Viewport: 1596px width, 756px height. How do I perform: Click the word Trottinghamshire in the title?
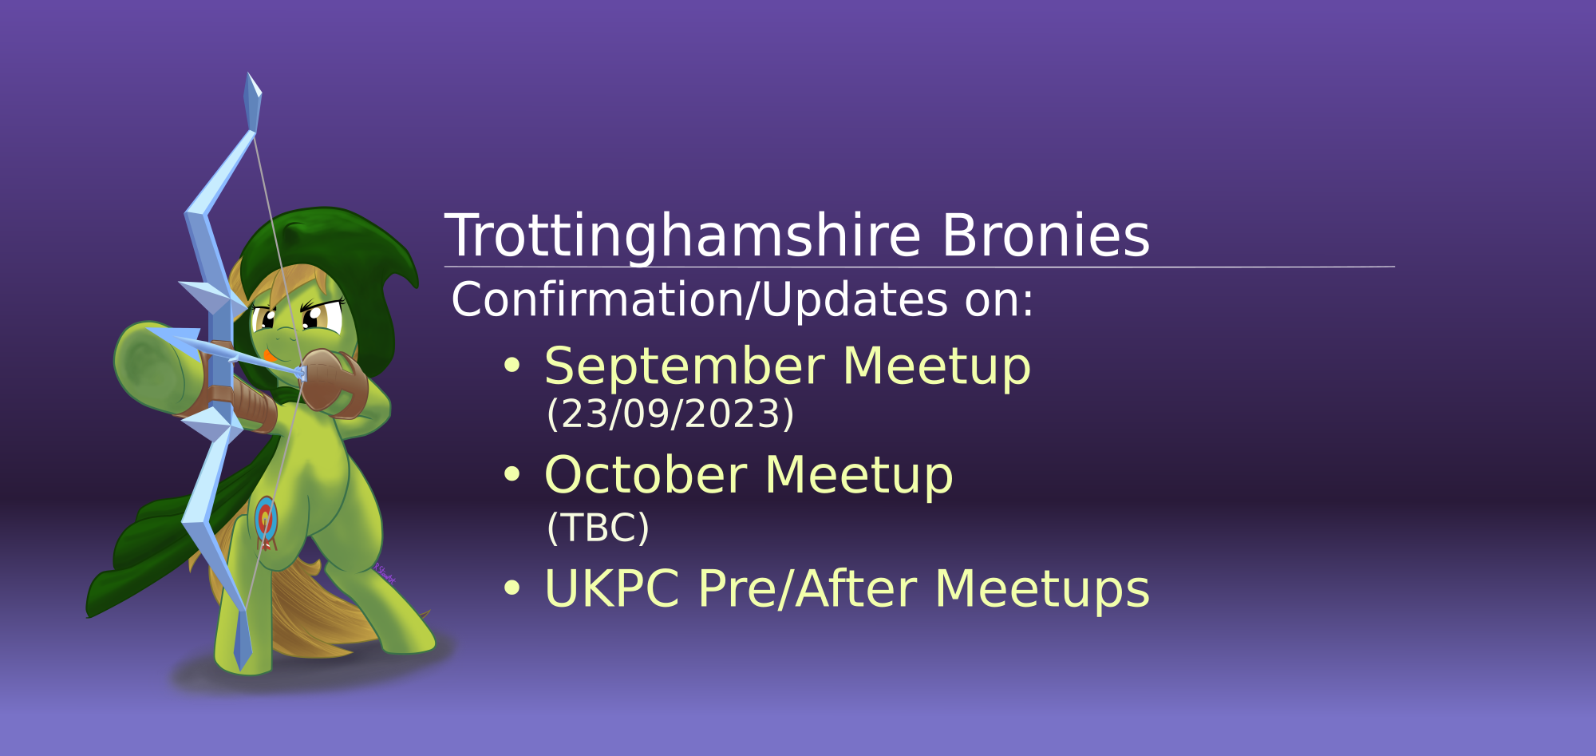(683, 236)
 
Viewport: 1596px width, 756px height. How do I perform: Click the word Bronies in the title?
(1046, 236)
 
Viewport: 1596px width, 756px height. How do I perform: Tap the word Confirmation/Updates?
(700, 300)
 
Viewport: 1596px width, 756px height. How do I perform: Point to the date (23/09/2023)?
(670, 414)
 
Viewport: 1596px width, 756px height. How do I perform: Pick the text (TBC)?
(598, 528)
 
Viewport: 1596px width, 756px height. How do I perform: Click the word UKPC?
(612, 589)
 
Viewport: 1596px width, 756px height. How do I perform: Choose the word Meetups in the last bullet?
(1042, 591)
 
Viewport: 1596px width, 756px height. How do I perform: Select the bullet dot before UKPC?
(512, 589)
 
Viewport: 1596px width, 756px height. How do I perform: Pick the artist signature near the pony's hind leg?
(385, 572)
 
